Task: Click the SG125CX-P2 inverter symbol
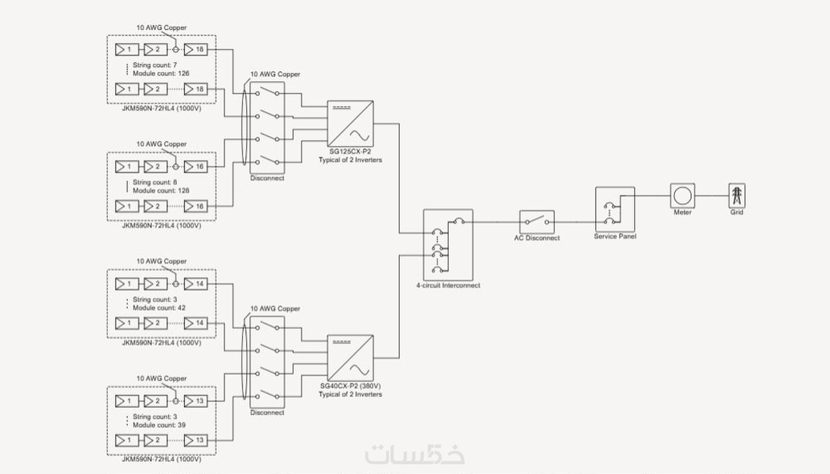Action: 350,124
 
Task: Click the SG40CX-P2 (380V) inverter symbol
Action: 350,358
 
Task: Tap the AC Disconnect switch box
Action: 537,222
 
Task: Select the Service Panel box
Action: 615,209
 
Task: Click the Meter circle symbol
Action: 682,196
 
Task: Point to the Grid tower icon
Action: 736,195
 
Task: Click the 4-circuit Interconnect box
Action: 448,244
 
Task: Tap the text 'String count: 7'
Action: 155,65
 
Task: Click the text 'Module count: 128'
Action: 161,191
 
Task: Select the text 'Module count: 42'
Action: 159,308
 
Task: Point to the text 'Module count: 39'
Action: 159,425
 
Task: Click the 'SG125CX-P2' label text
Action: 350,151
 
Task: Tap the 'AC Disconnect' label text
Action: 537,238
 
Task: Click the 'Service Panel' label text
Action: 615,237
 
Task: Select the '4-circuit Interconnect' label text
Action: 448,285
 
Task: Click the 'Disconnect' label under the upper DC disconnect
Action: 267,178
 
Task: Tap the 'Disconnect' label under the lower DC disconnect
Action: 267,413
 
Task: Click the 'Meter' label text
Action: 682,213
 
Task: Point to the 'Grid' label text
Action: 736,212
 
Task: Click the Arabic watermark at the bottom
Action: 415,454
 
